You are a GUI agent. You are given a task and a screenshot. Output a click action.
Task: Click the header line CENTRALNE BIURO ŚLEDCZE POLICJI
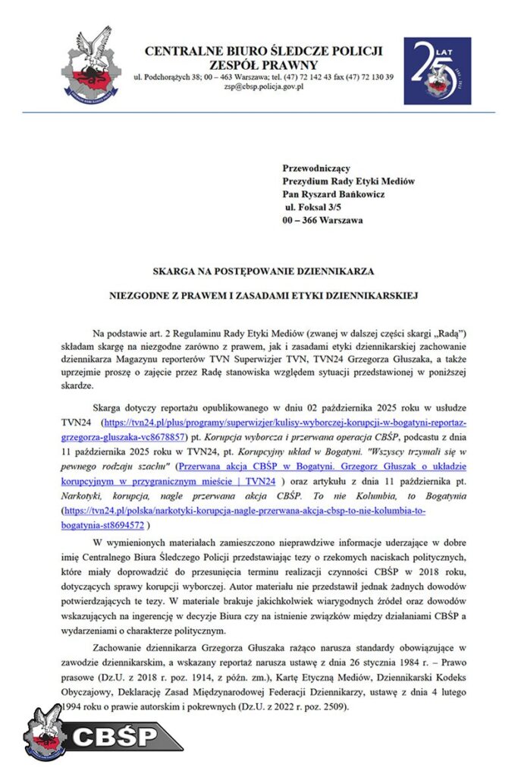coord(263,51)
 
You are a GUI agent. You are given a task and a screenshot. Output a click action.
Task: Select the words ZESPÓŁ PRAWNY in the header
coord(263,64)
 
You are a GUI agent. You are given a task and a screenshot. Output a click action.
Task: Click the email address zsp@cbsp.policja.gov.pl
coord(264,88)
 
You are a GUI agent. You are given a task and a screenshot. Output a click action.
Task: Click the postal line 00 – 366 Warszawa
coord(323,221)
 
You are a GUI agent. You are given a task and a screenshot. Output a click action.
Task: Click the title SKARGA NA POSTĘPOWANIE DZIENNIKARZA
coord(263,271)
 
